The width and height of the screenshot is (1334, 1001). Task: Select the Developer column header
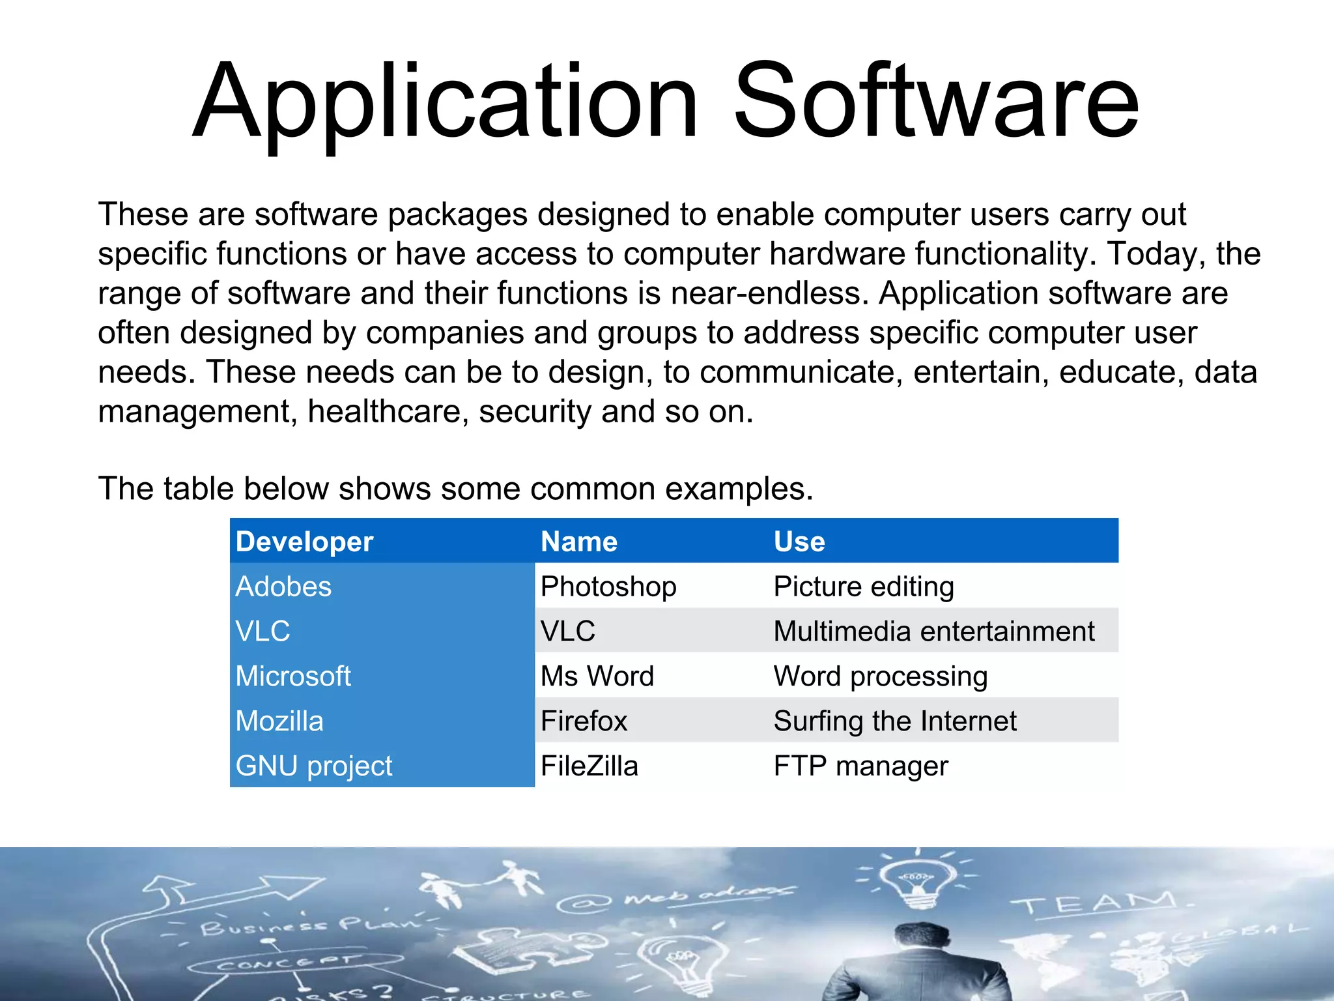coord(304,542)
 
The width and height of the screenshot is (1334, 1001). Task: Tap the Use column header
coord(799,542)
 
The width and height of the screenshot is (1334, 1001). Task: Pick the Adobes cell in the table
coord(283,587)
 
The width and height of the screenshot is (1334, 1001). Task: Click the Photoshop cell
coord(608,587)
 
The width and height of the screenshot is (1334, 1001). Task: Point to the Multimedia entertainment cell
coord(934,631)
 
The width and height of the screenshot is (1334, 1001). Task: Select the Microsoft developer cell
coord(293,676)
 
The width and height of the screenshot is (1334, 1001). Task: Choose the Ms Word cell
coord(597,676)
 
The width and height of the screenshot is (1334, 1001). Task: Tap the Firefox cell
coord(584,721)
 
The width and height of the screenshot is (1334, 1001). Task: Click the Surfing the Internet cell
coord(895,721)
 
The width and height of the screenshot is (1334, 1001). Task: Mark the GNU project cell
coord(314,766)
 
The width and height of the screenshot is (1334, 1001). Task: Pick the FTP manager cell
coord(860,766)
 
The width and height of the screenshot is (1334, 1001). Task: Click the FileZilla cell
coord(589,766)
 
